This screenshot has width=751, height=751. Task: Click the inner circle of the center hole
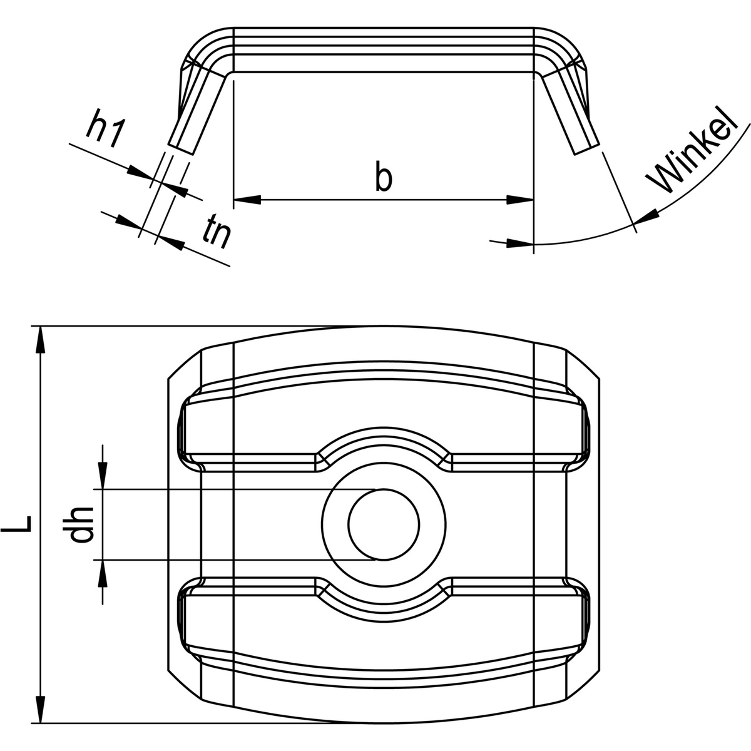click(x=384, y=524)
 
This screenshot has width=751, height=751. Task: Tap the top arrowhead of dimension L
click(x=41, y=341)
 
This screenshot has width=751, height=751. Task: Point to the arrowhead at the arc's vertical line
click(x=519, y=243)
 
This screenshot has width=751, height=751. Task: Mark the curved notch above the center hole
click(x=384, y=439)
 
